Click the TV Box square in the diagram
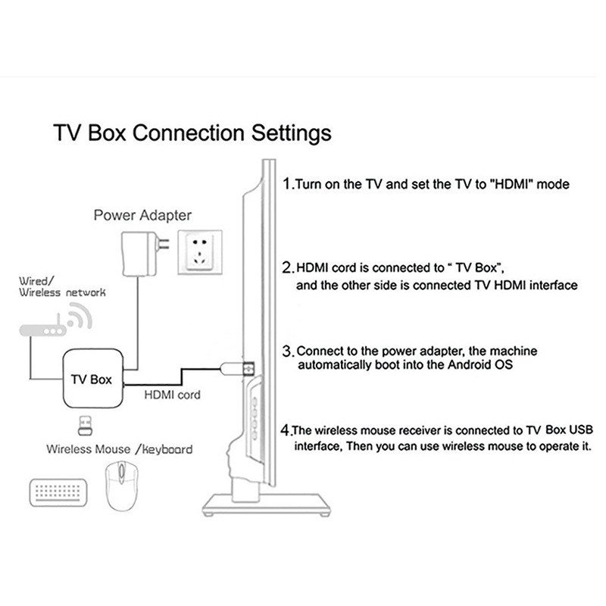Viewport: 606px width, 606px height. click(91, 378)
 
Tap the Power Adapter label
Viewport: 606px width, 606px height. click(142, 214)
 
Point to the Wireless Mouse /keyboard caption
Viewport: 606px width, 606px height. click(119, 448)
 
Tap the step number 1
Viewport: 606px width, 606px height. click(286, 183)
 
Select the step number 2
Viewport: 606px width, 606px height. click(287, 267)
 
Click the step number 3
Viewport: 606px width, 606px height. click(287, 351)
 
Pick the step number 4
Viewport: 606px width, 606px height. click(286, 430)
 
